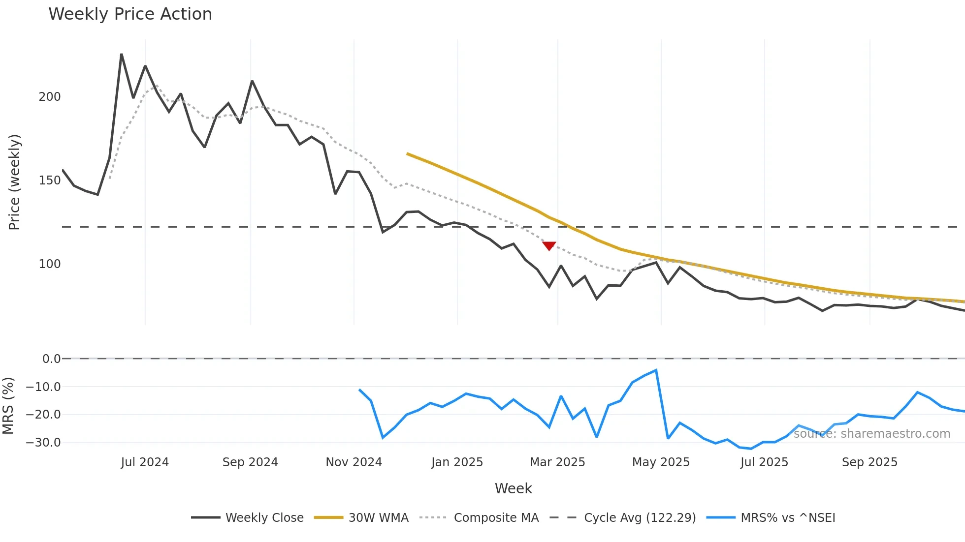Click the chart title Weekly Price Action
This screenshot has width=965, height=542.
coord(130,14)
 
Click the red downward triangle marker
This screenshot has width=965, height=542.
coord(549,246)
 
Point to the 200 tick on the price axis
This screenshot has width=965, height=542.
coord(50,97)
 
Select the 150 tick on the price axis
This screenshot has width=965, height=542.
coord(50,181)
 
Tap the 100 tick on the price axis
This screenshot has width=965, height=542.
coord(50,264)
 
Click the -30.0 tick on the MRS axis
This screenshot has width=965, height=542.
coord(43,443)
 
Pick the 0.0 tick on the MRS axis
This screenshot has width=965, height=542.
coord(51,359)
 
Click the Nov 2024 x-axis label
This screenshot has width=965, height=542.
coord(354,462)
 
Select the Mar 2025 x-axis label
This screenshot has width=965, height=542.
coord(557,462)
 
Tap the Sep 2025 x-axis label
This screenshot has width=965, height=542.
coord(869,462)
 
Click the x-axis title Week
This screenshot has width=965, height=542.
coord(513,488)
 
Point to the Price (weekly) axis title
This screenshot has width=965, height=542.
coord(14,182)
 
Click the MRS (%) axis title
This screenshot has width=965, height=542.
coord(8,406)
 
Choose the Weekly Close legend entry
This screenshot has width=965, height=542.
coord(264,518)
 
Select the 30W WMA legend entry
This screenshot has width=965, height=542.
coord(378,518)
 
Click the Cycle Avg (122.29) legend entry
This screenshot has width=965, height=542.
coord(640,518)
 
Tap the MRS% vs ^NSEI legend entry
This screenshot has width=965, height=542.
coord(788,518)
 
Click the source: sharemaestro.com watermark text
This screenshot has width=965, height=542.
coord(871,434)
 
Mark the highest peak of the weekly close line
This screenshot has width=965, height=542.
coord(122,54)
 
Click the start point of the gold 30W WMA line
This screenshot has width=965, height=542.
coord(407,154)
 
